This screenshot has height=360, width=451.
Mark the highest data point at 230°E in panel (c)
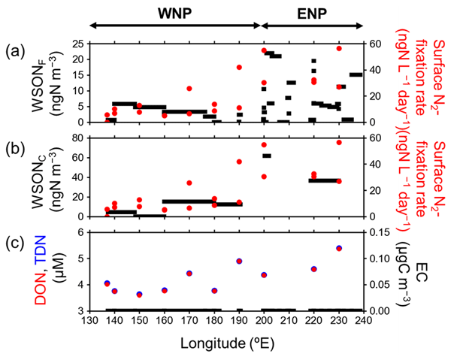tap(339, 248)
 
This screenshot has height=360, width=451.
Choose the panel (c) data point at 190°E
tap(239, 261)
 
